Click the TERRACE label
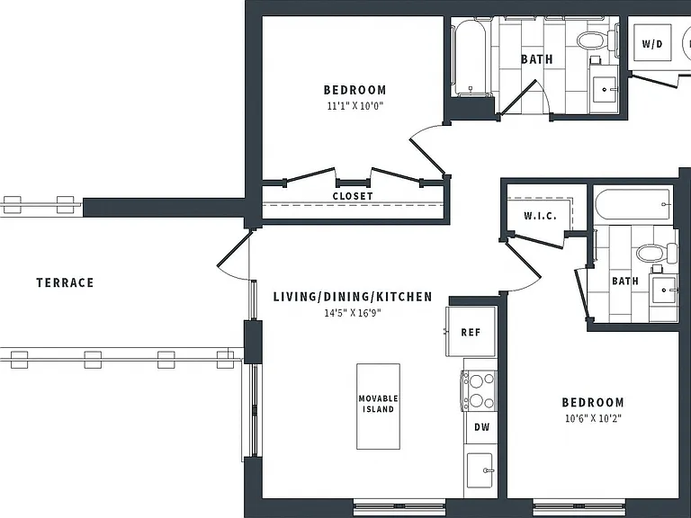tap(65, 282)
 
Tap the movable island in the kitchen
tap(378, 406)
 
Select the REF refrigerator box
tap(471, 331)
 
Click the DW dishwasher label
tap(481, 427)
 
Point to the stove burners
tap(479, 390)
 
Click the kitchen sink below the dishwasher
tap(480, 470)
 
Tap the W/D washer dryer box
tap(652, 43)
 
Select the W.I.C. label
tap(540, 216)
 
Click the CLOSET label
tap(353, 196)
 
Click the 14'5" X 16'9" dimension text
tap(353, 313)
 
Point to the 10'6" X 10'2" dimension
tap(593, 418)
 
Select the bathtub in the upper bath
tap(471, 58)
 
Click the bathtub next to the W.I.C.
tap(633, 204)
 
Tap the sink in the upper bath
tap(605, 89)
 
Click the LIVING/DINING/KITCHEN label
tap(353, 297)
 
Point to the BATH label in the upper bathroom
tap(537, 59)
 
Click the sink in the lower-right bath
tap(665, 290)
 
